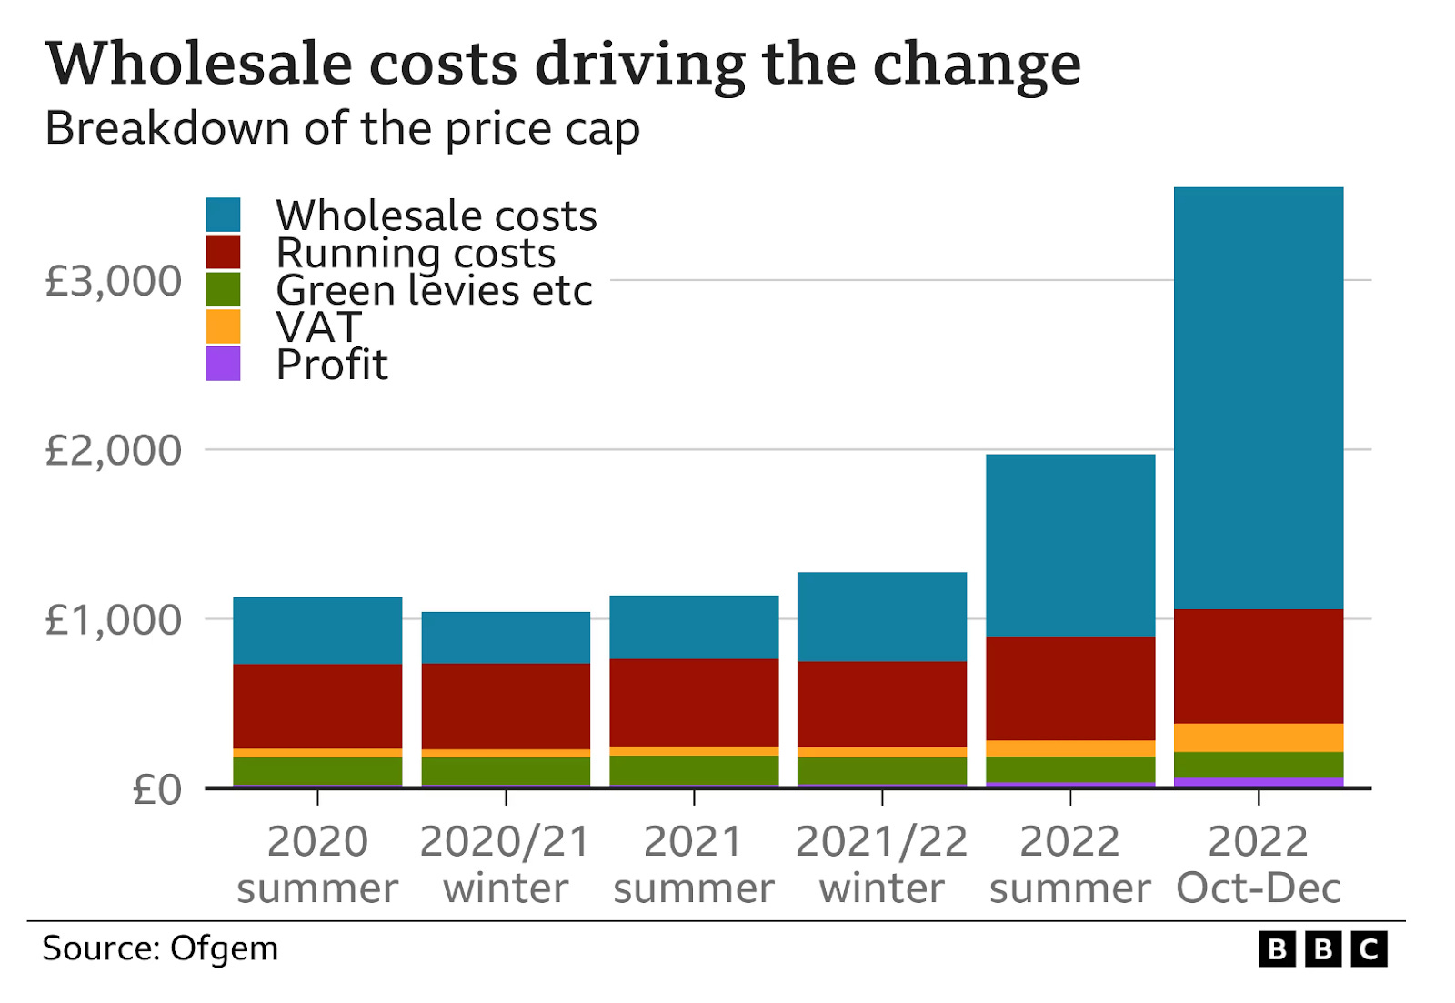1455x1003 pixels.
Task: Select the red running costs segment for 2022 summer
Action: point(1069,688)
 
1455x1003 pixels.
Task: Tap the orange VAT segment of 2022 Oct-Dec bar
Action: point(1258,737)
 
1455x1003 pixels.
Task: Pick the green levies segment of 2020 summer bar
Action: point(317,770)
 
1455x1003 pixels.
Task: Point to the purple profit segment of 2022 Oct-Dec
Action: point(1258,782)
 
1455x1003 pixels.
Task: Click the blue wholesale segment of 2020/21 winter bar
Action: point(506,637)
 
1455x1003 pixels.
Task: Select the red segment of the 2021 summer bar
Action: point(694,702)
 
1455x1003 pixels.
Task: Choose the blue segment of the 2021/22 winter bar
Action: point(881,617)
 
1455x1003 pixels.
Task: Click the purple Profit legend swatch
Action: point(223,364)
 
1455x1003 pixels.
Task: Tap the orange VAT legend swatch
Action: point(223,326)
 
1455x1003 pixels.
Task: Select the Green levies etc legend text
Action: point(434,291)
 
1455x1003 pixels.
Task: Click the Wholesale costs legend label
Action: point(436,216)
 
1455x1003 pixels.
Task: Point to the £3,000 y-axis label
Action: point(113,281)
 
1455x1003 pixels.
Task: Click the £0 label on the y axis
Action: point(156,789)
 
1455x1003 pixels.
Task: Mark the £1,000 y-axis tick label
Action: point(113,620)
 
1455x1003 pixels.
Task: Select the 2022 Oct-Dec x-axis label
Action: point(1258,864)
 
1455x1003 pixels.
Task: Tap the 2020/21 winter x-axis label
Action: point(506,864)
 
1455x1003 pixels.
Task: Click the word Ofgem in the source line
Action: point(224,948)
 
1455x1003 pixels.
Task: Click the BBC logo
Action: point(1323,949)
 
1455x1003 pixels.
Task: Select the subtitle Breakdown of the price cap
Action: point(342,128)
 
